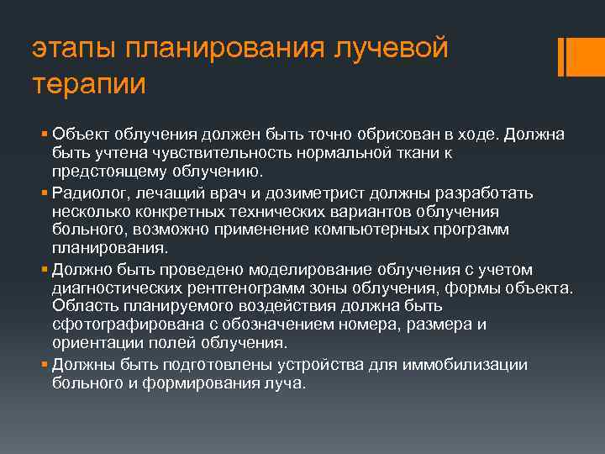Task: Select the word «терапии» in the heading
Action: pyautogui.click(x=89, y=84)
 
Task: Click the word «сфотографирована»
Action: pyautogui.click(x=111, y=325)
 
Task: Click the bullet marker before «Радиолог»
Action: pyautogui.click(x=44, y=193)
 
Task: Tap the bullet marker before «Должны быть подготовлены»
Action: pyautogui.click(x=44, y=364)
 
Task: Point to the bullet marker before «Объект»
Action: pyautogui.click(x=44, y=135)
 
